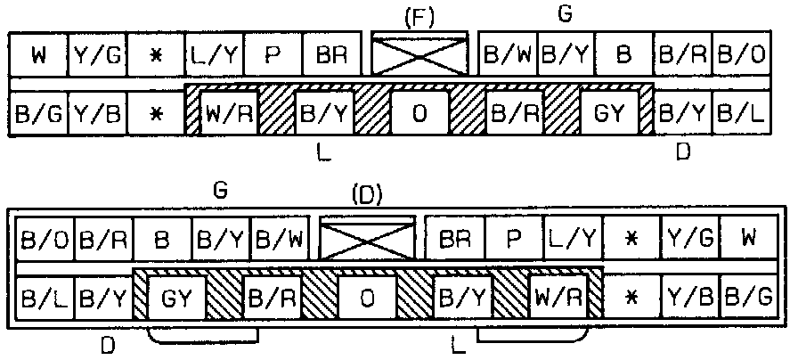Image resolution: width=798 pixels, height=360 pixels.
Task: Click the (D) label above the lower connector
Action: (x=367, y=194)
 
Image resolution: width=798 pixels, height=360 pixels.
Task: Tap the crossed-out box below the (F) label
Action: (x=419, y=55)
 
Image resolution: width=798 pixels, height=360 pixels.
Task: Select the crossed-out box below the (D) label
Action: (x=367, y=239)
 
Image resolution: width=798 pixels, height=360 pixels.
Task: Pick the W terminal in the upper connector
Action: (x=37, y=55)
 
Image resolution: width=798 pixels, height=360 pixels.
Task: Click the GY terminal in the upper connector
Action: (x=609, y=113)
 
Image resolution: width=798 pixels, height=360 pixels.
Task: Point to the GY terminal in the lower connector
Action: (x=175, y=296)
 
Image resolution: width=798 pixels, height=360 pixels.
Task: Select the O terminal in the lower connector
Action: (x=367, y=296)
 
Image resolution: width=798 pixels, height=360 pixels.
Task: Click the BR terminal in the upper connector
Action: (x=330, y=55)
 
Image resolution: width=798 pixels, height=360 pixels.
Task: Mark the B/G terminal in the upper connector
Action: (x=37, y=113)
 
